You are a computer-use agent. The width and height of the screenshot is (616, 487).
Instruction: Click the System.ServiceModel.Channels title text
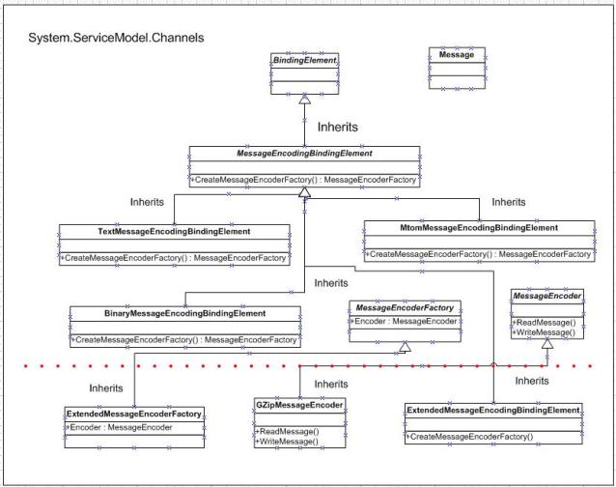(116, 38)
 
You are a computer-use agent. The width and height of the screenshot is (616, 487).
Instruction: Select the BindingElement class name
(304, 60)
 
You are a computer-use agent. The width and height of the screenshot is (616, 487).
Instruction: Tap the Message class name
(457, 55)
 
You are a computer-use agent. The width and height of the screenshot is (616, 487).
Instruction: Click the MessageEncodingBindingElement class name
(304, 154)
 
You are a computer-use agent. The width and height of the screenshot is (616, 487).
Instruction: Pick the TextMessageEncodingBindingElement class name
(174, 232)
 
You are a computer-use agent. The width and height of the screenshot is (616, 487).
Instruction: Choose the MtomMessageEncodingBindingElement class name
(479, 228)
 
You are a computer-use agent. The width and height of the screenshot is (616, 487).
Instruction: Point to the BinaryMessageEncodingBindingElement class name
(185, 314)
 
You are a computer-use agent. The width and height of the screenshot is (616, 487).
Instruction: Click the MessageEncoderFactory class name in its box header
(405, 308)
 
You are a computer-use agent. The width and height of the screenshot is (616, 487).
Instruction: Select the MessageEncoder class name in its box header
(546, 296)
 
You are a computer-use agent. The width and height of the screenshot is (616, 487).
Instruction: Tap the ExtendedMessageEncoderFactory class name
(134, 414)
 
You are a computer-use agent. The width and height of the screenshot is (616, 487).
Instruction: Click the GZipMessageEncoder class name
(299, 405)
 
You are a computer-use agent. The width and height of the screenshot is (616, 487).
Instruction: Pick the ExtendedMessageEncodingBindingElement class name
(493, 411)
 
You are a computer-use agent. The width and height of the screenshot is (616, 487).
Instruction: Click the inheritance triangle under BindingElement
(304, 100)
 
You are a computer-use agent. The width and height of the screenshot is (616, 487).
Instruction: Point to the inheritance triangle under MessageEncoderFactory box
(406, 347)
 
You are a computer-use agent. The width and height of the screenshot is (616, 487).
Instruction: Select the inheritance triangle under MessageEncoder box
(547, 344)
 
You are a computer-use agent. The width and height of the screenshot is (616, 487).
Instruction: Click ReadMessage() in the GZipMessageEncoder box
(289, 432)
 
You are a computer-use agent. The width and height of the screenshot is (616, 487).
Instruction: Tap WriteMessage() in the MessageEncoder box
(546, 332)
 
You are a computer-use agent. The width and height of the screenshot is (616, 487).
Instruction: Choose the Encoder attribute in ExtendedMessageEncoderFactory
(121, 428)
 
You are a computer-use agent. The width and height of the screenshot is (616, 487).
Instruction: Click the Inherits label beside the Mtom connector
(509, 202)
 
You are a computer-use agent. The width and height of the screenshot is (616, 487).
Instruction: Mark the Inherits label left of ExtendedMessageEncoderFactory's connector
(106, 388)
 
